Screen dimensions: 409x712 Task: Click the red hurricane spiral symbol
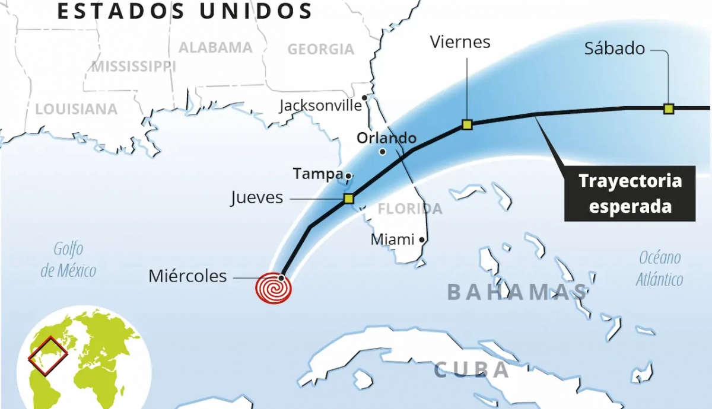click(274, 288)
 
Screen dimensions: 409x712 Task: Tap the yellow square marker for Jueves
click(349, 199)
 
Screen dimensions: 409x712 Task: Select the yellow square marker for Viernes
click(467, 124)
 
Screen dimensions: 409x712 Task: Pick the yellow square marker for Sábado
click(669, 108)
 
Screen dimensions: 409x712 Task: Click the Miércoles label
click(187, 276)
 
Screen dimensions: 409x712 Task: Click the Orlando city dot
click(383, 152)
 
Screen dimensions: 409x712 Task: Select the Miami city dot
click(422, 240)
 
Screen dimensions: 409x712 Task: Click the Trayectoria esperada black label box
click(630, 193)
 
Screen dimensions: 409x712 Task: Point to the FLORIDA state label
click(410, 209)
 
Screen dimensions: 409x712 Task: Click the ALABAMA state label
click(215, 47)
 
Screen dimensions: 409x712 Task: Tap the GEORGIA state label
click(320, 49)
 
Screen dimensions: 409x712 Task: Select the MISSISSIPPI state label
click(133, 66)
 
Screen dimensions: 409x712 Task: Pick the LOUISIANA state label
click(76, 109)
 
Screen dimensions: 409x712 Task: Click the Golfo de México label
click(68, 260)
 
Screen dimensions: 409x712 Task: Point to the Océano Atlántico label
click(659, 268)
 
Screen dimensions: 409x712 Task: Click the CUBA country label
click(472, 370)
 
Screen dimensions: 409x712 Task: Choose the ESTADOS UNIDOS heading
click(185, 11)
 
